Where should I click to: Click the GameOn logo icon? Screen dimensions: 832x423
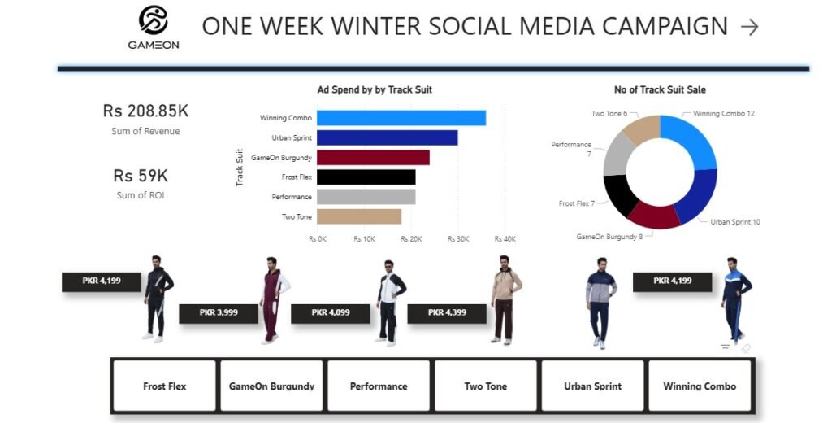click(154, 20)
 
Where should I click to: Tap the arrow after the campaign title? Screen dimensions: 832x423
click(750, 27)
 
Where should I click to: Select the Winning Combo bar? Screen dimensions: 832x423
click(401, 118)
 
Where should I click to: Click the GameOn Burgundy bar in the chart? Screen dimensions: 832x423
click(373, 157)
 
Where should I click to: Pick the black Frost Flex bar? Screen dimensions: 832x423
click(366, 177)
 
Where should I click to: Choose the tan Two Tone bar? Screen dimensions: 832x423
click(359, 216)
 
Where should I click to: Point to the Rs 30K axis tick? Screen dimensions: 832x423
click(458, 239)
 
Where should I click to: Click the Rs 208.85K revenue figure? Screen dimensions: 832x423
click(145, 111)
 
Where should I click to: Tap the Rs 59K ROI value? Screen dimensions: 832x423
click(141, 176)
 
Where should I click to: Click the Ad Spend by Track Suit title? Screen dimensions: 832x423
click(375, 89)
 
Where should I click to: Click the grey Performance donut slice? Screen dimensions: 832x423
click(616, 155)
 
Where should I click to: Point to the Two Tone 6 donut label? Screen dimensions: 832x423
click(609, 113)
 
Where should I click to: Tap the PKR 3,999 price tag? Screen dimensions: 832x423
click(219, 313)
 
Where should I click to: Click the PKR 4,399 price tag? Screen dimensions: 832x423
click(447, 313)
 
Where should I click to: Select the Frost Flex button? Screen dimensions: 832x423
click(164, 386)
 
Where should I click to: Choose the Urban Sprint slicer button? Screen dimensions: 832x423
click(592, 386)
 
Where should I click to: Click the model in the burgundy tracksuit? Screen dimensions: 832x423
click(273, 300)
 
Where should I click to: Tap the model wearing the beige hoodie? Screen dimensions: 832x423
click(505, 299)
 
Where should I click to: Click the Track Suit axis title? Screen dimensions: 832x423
click(240, 168)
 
